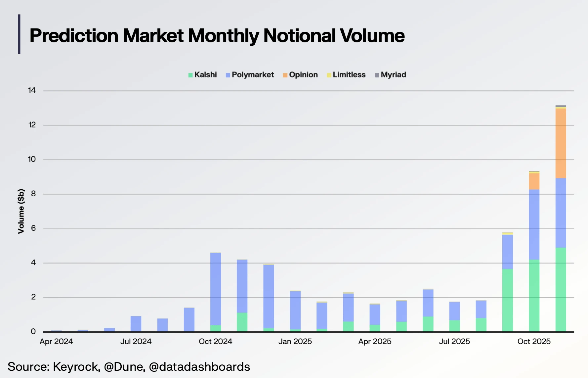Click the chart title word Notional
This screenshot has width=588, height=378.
[299, 36]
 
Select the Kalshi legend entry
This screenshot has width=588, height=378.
[202, 75]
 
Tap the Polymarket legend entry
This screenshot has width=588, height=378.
[250, 75]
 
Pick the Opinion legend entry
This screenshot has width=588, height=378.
[300, 75]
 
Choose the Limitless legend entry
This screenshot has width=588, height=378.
[346, 75]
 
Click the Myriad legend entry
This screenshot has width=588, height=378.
[390, 75]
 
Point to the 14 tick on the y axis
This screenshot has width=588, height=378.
[32, 90]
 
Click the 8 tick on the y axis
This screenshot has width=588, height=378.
[33, 194]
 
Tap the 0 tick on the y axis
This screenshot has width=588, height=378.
[33, 331]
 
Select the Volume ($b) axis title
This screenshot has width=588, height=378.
[21, 211]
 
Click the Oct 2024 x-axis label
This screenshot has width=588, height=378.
[215, 342]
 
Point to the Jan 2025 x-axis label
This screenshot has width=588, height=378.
[295, 342]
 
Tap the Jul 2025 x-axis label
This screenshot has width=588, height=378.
[454, 342]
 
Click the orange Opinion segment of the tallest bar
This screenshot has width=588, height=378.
[561, 143]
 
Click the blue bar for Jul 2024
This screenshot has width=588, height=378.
[136, 324]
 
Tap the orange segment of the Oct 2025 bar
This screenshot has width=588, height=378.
[534, 181]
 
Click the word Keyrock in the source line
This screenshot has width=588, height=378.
[76, 367]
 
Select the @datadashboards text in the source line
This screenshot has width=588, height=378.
[199, 367]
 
